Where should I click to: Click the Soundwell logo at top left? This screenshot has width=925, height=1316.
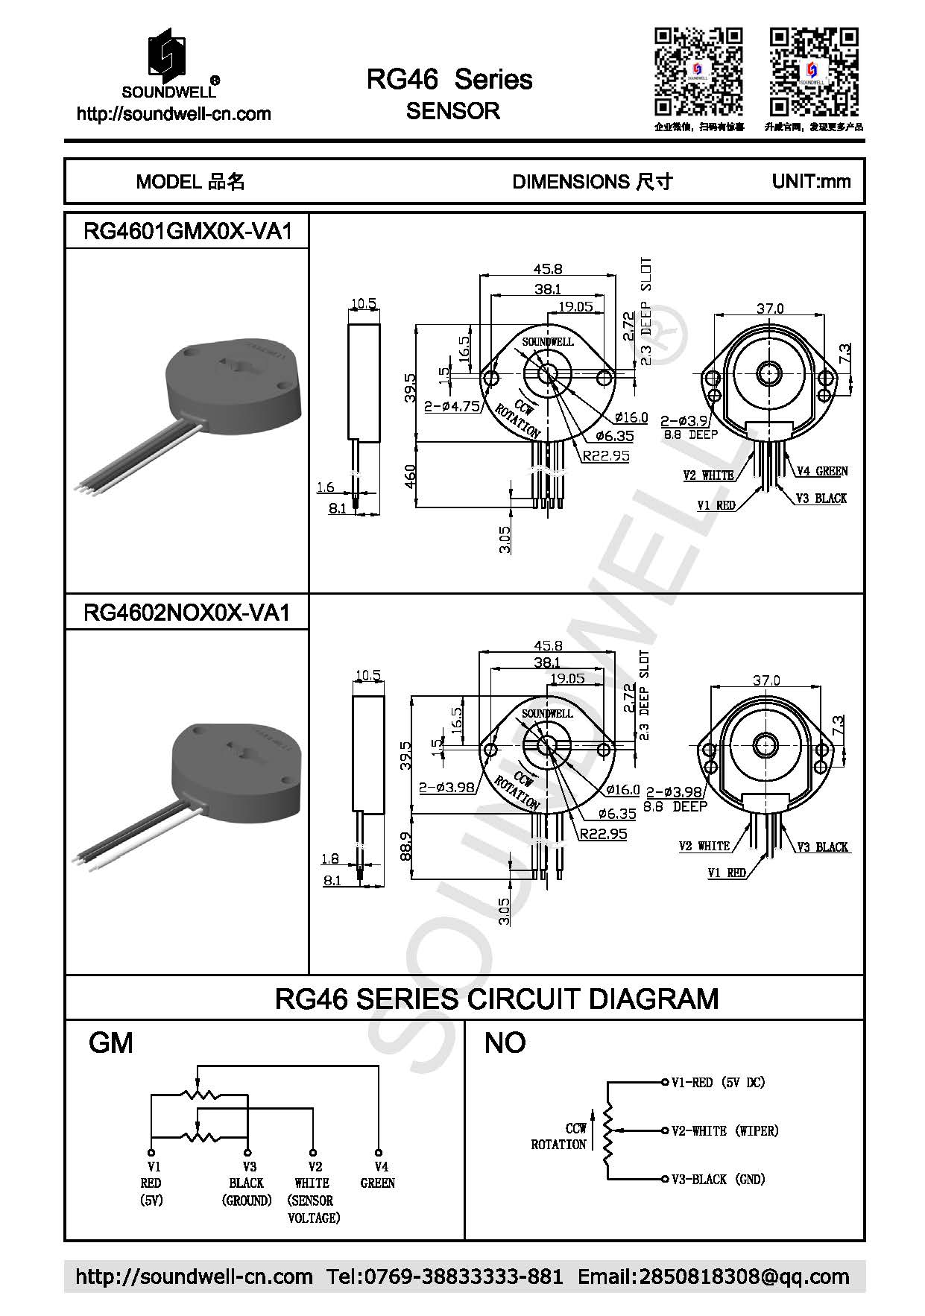click(x=171, y=63)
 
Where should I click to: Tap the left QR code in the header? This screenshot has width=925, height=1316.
click(x=698, y=72)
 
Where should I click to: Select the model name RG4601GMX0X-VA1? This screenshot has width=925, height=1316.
click(x=186, y=231)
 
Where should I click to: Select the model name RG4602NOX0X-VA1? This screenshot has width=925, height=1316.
click(x=186, y=613)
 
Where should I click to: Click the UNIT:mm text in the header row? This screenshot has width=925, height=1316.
click(x=811, y=181)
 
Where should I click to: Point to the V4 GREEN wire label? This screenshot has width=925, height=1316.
click(x=822, y=471)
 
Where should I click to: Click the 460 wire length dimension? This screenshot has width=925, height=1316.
click(x=410, y=476)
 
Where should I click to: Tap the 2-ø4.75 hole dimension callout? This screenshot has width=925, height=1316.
click(x=452, y=407)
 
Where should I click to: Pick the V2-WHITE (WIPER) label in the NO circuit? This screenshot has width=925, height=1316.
click(x=724, y=1130)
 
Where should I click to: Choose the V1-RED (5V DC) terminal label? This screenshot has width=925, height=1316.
click(x=718, y=1082)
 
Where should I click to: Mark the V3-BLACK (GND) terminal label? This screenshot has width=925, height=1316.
click(x=718, y=1179)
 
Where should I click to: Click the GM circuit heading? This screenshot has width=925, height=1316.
click(x=111, y=1043)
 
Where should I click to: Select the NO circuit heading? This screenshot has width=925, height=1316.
click(x=505, y=1043)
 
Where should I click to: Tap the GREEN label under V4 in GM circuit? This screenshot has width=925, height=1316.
click(x=378, y=1183)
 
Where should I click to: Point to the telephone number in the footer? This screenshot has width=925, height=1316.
click(x=444, y=1277)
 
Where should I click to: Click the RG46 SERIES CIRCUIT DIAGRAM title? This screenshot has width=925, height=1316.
click(x=496, y=998)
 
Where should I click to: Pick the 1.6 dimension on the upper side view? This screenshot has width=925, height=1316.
click(x=325, y=487)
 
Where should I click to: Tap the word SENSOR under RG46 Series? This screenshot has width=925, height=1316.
click(x=452, y=111)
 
